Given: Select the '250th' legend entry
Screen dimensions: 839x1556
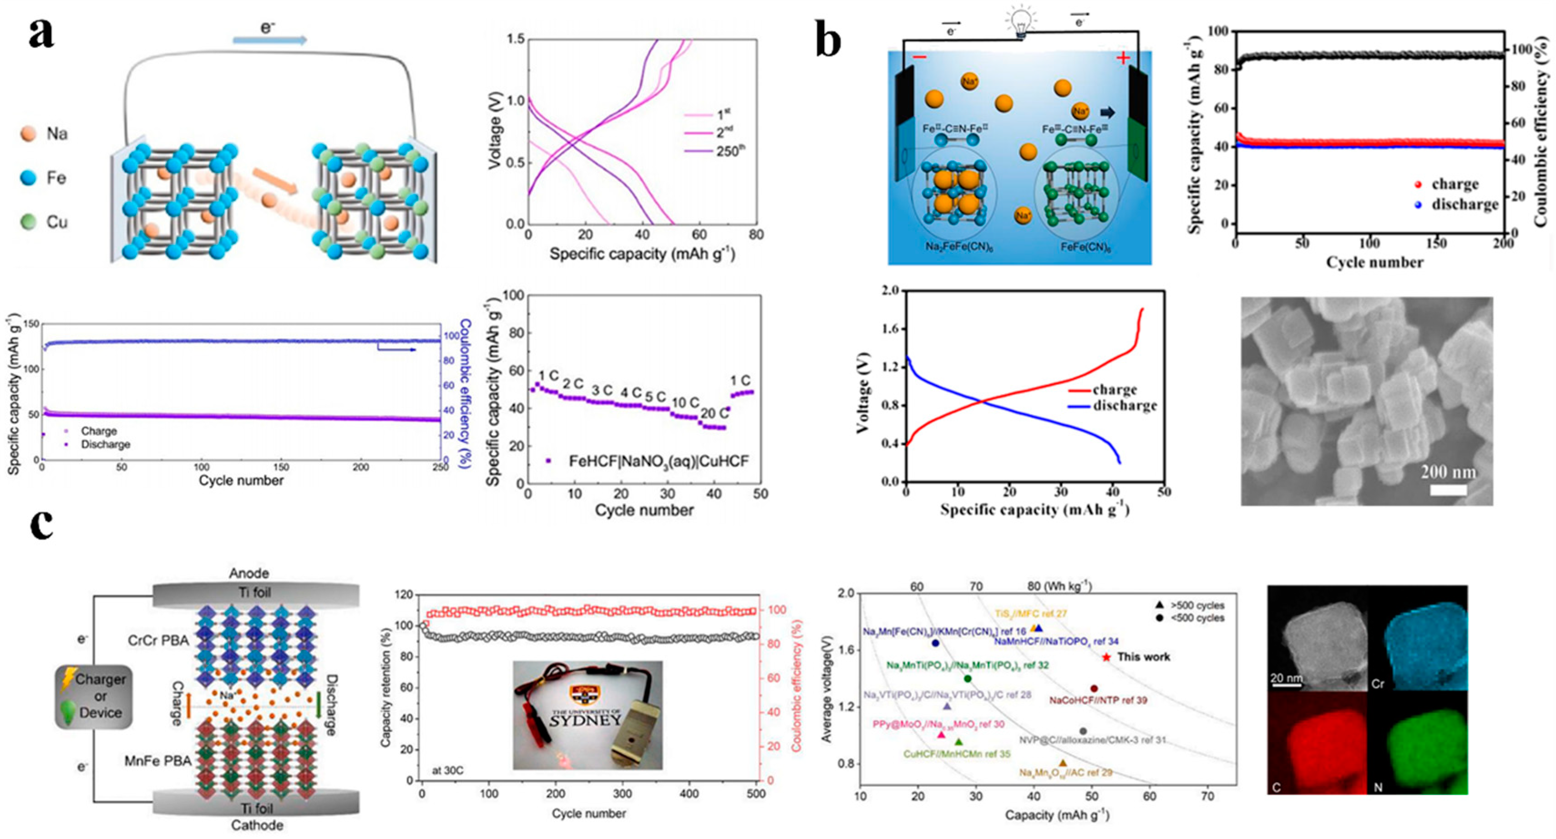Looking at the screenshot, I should coord(719,151).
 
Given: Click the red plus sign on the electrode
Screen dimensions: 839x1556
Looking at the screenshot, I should coord(1123,58).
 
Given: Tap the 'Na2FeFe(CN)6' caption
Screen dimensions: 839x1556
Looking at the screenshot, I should coord(954,247).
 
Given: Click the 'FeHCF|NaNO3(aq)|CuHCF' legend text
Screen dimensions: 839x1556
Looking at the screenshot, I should coord(659,461).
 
